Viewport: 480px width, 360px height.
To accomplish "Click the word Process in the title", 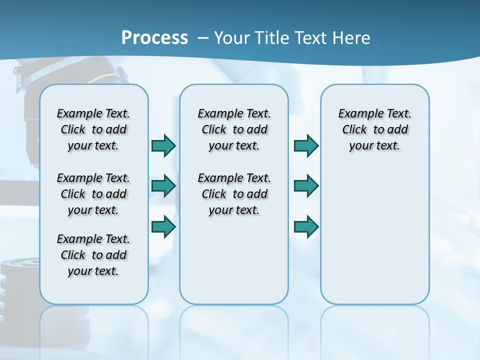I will pos(154,38).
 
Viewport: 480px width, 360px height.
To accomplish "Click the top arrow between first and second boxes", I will pos(163,146).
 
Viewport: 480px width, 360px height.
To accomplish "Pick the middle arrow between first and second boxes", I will pos(163,186).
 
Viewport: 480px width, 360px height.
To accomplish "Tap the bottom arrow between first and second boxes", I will pos(163,227).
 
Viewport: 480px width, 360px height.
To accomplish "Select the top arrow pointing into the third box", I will pos(306,146).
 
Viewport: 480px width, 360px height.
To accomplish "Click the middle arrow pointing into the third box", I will pos(306,186).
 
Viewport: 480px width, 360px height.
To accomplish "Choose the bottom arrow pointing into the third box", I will pos(306,227).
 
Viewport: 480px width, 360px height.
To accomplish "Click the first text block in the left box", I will pos(93,129).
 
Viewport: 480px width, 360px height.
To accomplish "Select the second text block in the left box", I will pos(93,194).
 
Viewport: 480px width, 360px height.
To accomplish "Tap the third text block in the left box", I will pos(93,255).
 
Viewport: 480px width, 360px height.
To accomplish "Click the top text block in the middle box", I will pos(234,129).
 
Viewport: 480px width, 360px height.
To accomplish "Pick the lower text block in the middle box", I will pos(234,194).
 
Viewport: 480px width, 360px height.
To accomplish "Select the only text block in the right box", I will pos(374,129).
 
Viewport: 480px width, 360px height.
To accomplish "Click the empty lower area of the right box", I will pos(374,235).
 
